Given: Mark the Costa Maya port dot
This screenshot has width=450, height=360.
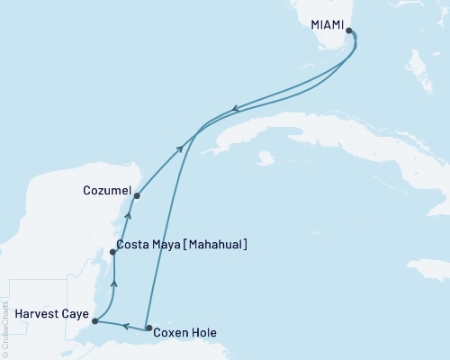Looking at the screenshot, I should (113, 253).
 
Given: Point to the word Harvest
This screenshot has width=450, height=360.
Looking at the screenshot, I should (37, 315).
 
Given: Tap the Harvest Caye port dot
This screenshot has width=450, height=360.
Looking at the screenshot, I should (94, 320).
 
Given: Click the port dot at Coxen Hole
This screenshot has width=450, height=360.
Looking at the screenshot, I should (149, 329).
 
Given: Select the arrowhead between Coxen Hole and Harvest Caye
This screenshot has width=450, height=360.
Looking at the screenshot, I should (126, 326).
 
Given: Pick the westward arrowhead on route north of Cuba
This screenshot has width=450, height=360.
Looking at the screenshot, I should (235, 109).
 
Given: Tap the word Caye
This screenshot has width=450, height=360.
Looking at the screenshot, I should (76, 315).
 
